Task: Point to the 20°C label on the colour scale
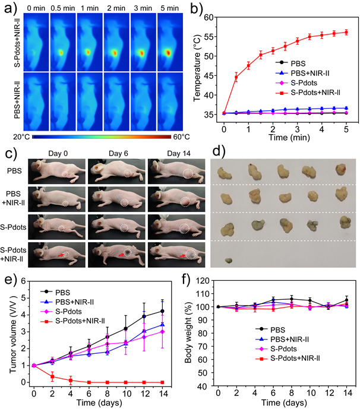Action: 21,137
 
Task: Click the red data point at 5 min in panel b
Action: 346,32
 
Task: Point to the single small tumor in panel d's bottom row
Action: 229,259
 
